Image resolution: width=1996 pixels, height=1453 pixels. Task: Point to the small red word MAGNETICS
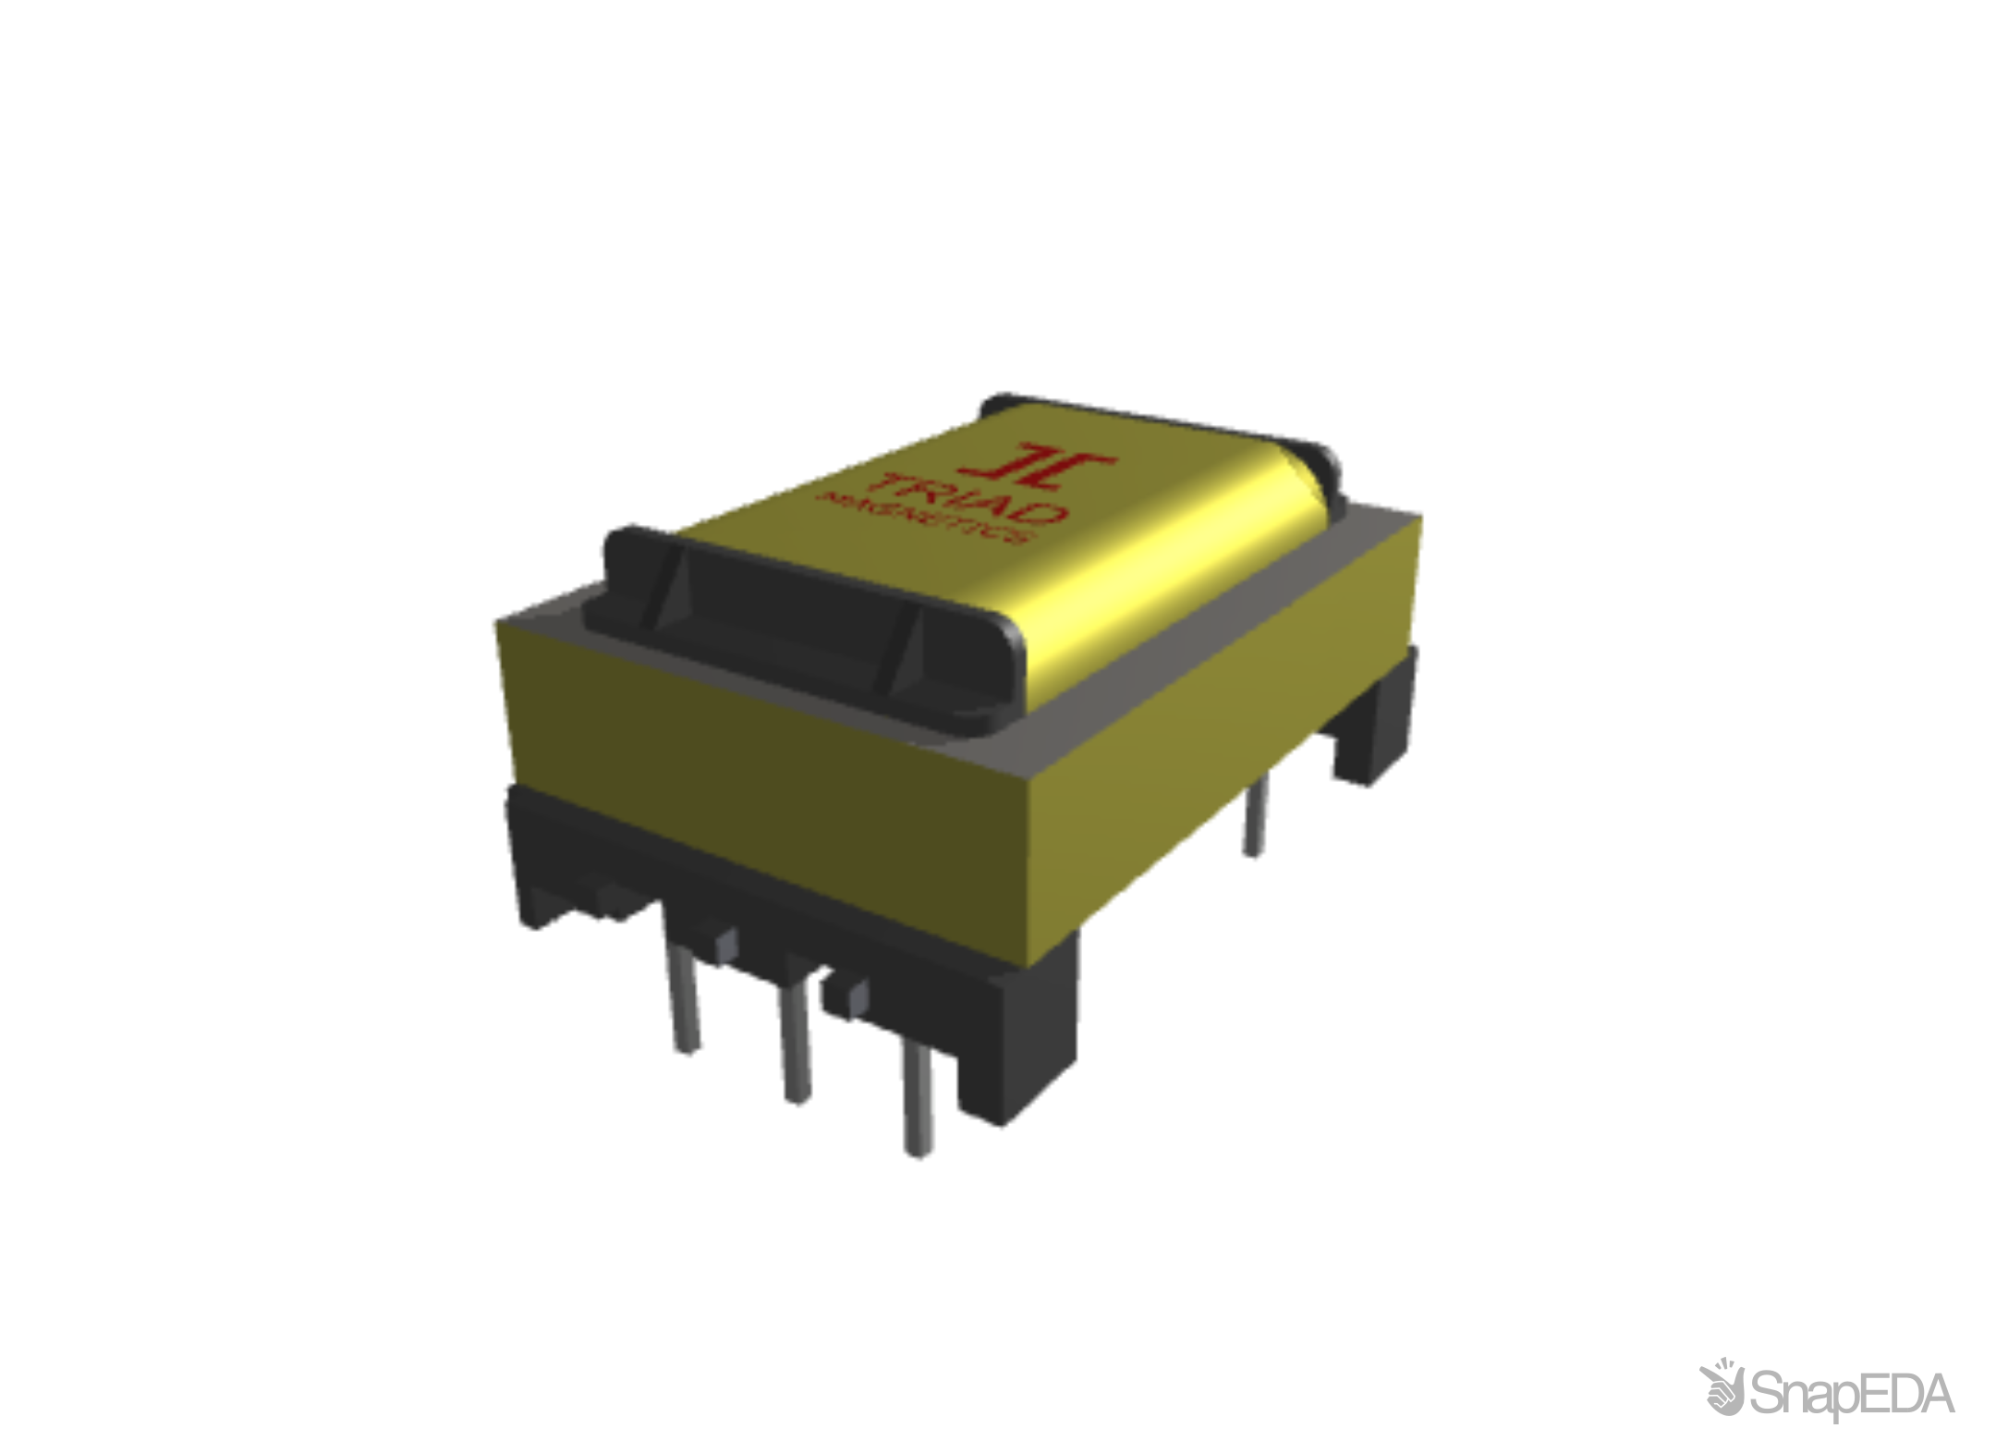[x=924, y=522]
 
